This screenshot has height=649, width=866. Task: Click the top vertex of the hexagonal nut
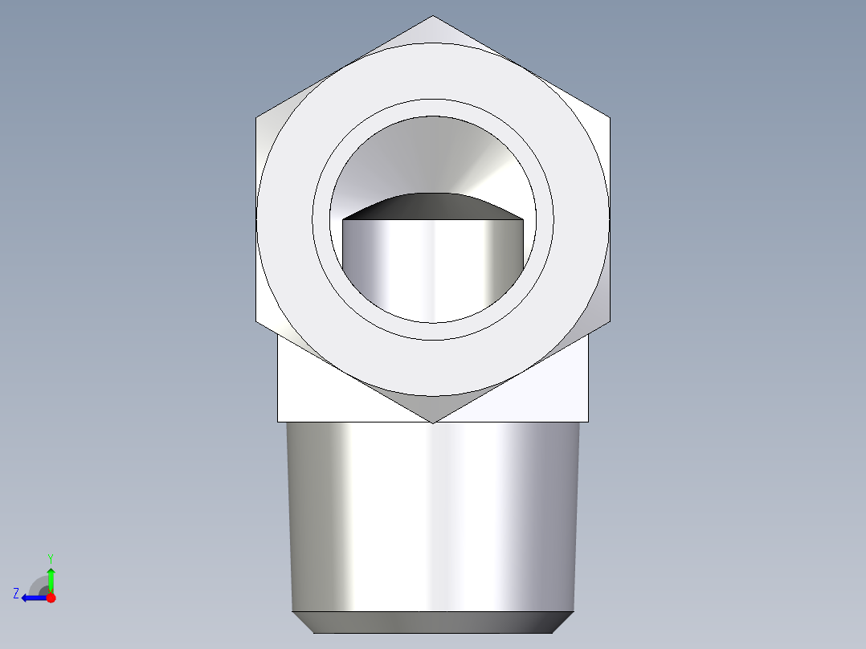433,16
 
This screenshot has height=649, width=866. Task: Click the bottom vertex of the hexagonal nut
433,423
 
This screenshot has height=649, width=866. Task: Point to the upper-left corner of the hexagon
256,118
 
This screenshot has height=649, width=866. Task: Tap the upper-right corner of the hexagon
610,118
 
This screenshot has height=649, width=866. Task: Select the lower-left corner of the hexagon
256,321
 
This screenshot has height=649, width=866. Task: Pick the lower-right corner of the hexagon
610,321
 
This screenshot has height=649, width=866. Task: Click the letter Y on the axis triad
50,557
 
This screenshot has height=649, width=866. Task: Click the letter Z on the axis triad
16,594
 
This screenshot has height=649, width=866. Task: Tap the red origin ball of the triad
51,598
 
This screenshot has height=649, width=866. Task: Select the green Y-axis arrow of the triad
51,578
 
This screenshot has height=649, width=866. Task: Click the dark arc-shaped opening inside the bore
433,207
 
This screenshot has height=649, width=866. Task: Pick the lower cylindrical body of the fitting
433,514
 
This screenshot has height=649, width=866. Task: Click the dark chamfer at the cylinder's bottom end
433,622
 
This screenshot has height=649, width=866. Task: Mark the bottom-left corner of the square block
278,422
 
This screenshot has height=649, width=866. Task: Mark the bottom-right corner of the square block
588,422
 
